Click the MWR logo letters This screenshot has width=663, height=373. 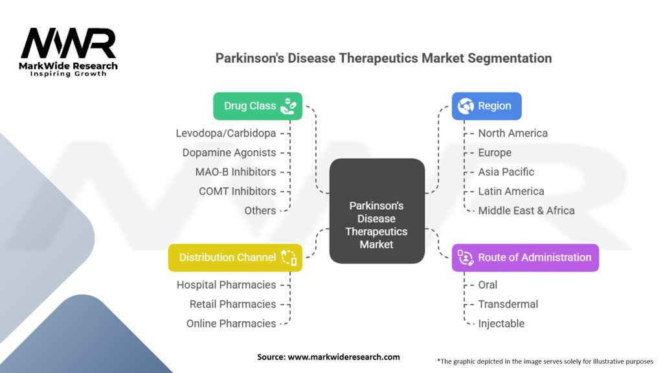(x=68, y=43)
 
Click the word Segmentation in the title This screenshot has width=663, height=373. (x=510, y=58)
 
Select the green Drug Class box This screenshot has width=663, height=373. (x=258, y=106)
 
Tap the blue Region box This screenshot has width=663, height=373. (x=486, y=106)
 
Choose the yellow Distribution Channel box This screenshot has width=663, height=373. (x=235, y=258)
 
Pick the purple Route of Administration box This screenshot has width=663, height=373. (x=525, y=258)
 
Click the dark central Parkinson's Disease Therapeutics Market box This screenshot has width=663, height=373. (x=377, y=211)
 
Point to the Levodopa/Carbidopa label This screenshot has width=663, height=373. (x=226, y=133)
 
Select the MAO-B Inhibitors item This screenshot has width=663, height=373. (x=236, y=172)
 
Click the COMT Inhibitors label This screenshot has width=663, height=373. (x=237, y=192)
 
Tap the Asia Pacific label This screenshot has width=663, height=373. (x=506, y=172)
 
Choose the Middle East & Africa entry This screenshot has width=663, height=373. (x=526, y=210)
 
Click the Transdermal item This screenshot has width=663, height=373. (x=508, y=304)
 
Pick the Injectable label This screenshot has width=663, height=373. (x=502, y=324)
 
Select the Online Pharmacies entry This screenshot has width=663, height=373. (x=231, y=324)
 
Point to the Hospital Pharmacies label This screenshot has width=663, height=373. (x=226, y=285)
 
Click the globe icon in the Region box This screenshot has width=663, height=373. (x=466, y=106)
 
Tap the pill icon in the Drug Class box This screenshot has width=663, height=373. (x=289, y=106)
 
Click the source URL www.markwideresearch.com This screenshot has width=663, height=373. (x=344, y=357)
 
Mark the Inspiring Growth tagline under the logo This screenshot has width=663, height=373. (x=68, y=74)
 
